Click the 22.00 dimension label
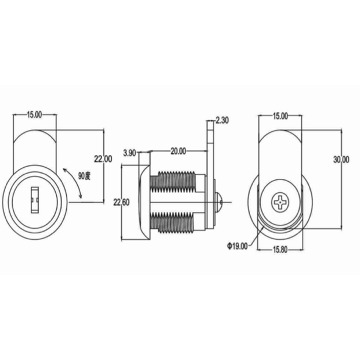[103, 159]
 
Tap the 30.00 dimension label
[341, 159]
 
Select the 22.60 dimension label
[121, 202]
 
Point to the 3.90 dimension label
[129, 153]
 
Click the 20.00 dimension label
[178, 151]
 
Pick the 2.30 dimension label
[222, 120]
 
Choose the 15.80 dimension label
[280, 250]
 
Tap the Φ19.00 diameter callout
[237, 246]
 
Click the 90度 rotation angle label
[84, 176]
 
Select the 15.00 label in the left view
[35, 114]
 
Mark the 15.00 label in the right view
[280, 116]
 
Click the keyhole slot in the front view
[35, 200]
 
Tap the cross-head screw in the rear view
[280, 202]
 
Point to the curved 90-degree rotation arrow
[75, 181]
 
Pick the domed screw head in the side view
[218, 202]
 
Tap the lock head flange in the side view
[144, 202]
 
